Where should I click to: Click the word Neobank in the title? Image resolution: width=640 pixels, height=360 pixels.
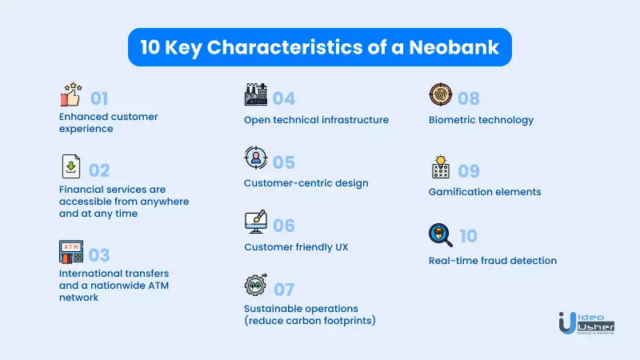454,47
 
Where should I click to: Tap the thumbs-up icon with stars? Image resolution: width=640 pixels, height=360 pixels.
71,94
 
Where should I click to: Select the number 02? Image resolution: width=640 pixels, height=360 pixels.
99,170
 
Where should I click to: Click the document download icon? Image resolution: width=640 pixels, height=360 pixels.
71,166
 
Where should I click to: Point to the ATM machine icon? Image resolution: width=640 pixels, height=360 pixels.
71,251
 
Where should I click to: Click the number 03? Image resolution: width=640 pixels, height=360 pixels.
99,255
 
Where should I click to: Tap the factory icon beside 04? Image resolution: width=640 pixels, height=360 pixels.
255,94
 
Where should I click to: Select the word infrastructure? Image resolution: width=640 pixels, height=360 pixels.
354,120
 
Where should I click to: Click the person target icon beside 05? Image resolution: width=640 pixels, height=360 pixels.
256,158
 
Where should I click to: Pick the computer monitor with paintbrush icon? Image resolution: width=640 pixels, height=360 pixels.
256,222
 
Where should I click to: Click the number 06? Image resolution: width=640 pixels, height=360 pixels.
284,226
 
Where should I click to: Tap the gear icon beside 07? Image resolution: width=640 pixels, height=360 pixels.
255,285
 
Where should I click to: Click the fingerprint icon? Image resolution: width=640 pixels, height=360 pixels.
441,94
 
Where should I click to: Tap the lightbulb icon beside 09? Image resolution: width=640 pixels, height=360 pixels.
441,167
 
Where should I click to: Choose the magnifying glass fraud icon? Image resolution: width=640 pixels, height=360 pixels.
441,235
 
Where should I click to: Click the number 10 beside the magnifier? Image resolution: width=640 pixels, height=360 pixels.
469,236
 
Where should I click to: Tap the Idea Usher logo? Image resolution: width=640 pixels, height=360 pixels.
586,323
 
